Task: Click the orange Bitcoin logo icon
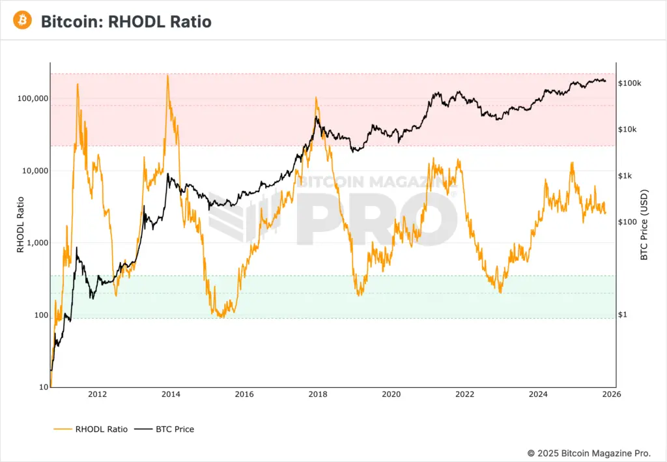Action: tap(21, 21)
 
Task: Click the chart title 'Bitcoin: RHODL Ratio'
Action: tap(126, 22)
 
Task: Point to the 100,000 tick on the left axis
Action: tap(31, 98)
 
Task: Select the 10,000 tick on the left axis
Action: tap(33, 171)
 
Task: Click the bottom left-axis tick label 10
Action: tap(43, 387)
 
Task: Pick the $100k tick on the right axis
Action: tap(629, 83)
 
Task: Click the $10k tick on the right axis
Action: tap(627, 130)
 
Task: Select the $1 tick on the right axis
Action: tap(623, 315)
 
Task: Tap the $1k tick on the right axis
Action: tap(625, 176)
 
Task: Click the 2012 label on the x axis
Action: tap(97, 394)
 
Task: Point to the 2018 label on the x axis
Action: tap(317, 394)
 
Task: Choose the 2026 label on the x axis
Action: tap(611, 394)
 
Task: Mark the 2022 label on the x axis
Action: tap(464, 394)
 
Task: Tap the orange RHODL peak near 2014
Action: tap(167, 76)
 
